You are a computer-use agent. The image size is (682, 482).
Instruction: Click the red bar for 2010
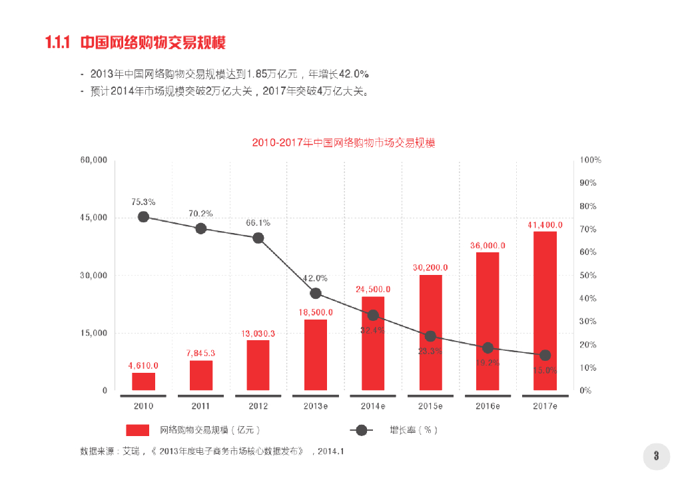point(143,381)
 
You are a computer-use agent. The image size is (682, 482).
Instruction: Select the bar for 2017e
point(545,310)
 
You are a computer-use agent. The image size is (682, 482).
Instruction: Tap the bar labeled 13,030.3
point(258,365)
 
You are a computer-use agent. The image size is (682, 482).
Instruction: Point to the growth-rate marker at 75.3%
point(143,216)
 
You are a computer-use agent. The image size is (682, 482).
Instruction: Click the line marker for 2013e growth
point(316,293)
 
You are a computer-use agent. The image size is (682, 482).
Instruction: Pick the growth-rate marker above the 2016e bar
point(488,348)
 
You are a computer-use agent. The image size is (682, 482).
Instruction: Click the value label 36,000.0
point(488,245)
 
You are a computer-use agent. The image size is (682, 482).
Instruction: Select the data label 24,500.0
point(373,289)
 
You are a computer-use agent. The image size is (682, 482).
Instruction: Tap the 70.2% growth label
point(200,214)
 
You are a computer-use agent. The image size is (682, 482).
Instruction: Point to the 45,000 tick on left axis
point(94,218)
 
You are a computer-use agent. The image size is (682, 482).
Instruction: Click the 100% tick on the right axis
point(591,160)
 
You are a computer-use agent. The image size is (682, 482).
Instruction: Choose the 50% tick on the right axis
point(588,276)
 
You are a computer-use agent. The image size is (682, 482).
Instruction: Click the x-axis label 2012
point(258,405)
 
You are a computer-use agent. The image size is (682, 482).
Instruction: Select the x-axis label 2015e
point(430,405)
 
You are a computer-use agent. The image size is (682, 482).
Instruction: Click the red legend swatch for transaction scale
point(137,430)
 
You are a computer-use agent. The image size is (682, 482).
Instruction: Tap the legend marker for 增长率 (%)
point(362,430)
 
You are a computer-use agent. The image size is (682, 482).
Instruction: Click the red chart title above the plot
point(344,142)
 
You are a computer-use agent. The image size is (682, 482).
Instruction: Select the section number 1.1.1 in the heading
point(58,43)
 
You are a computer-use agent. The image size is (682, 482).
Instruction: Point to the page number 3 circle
point(656,456)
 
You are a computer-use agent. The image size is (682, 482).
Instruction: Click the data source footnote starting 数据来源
point(212,452)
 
